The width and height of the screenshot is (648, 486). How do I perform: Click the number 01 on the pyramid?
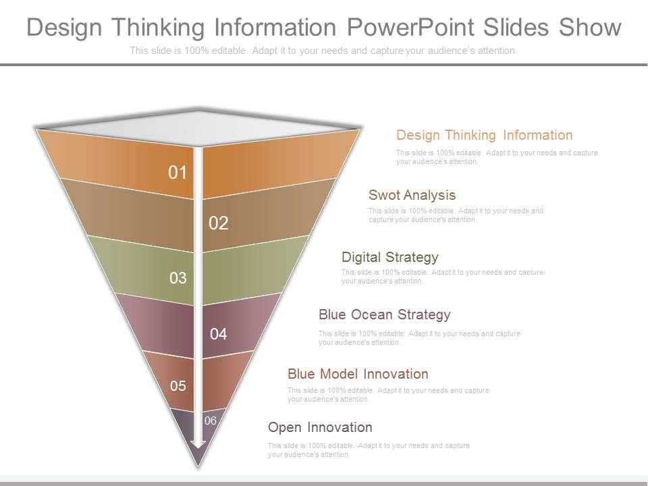[x=177, y=173]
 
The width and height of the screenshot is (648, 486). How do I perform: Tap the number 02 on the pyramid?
[x=219, y=223]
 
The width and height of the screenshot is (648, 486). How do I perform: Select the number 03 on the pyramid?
[x=178, y=278]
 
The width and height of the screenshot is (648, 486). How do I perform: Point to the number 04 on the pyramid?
[x=218, y=333]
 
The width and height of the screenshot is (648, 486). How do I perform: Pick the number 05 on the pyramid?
[x=178, y=386]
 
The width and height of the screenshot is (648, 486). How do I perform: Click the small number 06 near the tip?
[x=210, y=421]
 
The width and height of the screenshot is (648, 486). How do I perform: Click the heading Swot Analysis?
[x=412, y=195]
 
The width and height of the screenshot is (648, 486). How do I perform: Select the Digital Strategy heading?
[x=389, y=257]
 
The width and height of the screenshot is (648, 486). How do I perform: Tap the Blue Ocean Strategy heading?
[x=384, y=315]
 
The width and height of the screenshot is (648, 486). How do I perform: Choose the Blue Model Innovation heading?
[x=357, y=374]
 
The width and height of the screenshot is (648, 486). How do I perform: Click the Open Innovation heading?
[x=319, y=427]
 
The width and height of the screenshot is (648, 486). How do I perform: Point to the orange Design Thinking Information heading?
[x=484, y=135]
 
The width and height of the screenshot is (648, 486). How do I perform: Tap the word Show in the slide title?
[x=589, y=27]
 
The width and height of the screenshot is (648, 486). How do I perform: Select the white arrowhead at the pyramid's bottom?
[x=197, y=443]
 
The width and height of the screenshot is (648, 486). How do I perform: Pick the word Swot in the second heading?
[x=384, y=195]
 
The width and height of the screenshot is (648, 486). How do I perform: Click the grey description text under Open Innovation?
[x=368, y=450]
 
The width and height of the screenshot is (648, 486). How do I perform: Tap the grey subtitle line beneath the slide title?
[x=323, y=51]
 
